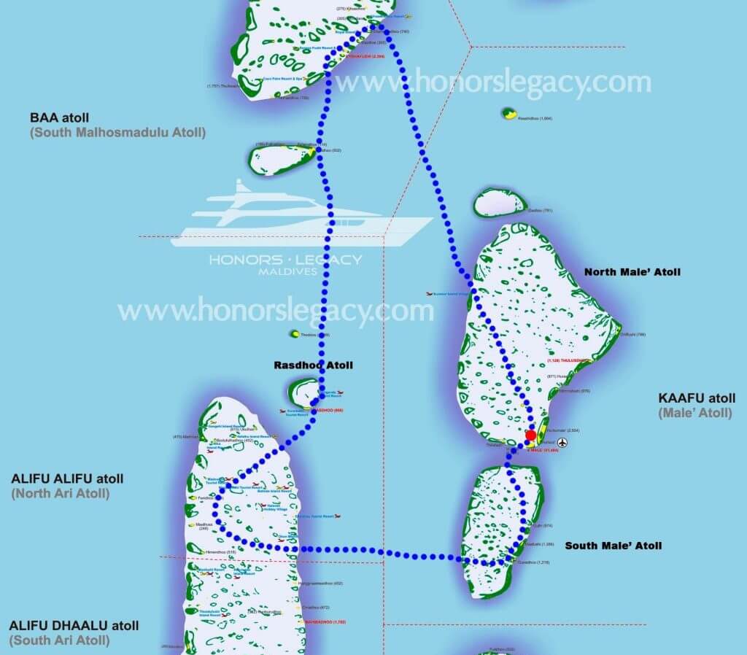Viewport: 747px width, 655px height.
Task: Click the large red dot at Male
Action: click(531, 435)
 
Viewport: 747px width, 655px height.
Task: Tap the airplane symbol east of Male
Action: click(562, 443)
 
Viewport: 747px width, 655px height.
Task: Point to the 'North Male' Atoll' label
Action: click(632, 272)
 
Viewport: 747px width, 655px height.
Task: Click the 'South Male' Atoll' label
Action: click(614, 546)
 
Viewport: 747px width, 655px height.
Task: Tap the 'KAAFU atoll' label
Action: click(697, 398)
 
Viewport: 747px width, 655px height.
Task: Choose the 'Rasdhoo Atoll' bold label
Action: click(313, 365)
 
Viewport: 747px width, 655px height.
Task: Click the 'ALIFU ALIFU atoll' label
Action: click(67, 479)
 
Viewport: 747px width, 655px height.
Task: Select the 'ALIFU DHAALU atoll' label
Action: click(74, 626)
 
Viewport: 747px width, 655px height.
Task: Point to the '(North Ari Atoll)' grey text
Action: click(62, 494)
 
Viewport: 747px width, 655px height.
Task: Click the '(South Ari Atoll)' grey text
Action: click(60, 640)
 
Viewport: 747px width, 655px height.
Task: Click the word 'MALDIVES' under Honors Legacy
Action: click(287, 271)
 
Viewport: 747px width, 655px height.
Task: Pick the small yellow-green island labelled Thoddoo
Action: click(295, 334)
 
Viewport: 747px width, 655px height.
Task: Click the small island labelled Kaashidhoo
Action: click(508, 114)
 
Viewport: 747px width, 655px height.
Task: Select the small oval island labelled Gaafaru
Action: click(500, 203)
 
